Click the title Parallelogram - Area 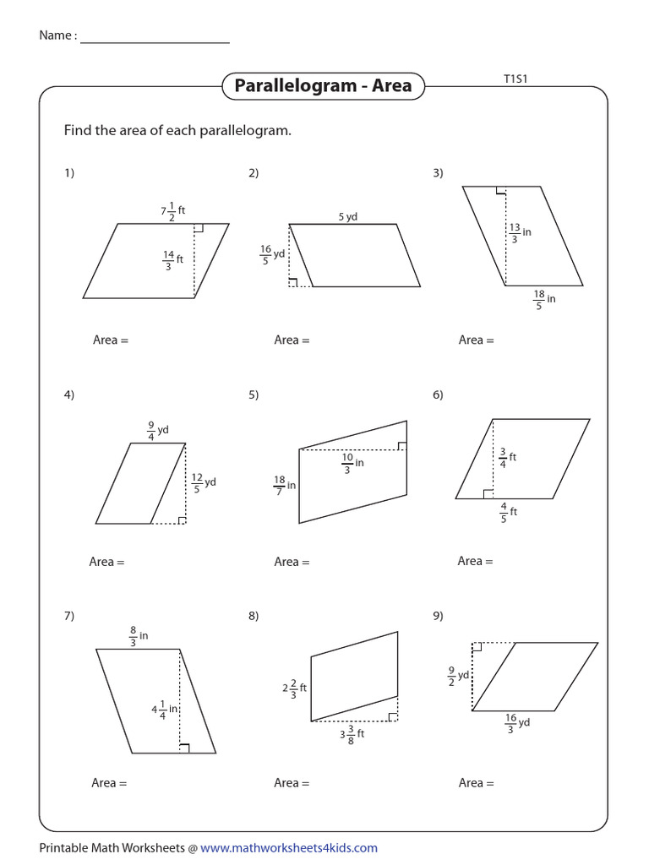point(323,85)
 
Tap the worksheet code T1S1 point(515,79)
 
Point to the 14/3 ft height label point(172,261)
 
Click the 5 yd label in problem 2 point(347,216)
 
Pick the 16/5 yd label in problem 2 point(271,255)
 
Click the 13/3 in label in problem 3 point(519,232)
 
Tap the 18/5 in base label point(543,299)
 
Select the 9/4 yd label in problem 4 point(158,431)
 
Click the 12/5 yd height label point(203,483)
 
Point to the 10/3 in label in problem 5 point(352,463)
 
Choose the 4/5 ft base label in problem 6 point(508,512)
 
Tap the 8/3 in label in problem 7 point(138,636)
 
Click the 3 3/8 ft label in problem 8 point(350,733)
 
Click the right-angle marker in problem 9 point(477,648)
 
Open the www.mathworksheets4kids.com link point(289,848)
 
